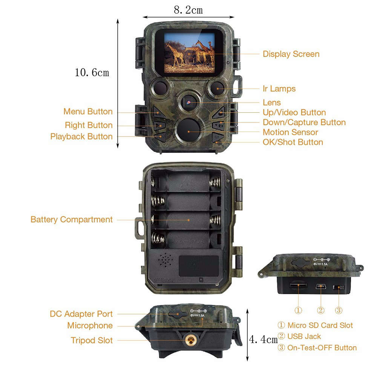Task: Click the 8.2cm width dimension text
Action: pyautogui.click(x=188, y=10)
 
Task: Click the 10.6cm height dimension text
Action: pyautogui.click(x=92, y=72)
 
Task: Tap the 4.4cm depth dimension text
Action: pyautogui.click(x=263, y=340)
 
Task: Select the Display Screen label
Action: pyautogui.click(x=291, y=54)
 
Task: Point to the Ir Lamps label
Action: pyautogui.click(x=279, y=89)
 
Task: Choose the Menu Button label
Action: pyautogui.click(x=88, y=112)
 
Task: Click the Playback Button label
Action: pyautogui.click(x=81, y=136)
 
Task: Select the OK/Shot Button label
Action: pyautogui.click(x=293, y=142)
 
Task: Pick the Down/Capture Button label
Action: pyautogui.click(x=304, y=122)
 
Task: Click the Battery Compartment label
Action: pyautogui.click(x=72, y=219)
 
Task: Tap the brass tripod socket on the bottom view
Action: pyautogui.click(x=189, y=341)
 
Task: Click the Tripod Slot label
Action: pyautogui.click(x=92, y=340)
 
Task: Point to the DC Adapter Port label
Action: pyautogui.click(x=81, y=314)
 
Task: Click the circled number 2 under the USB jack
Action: pyautogui.click(x=320, y=310)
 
